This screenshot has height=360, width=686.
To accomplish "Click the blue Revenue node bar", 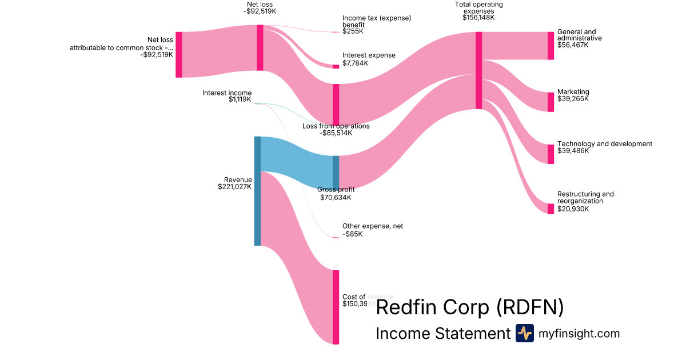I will (x=257, y=191).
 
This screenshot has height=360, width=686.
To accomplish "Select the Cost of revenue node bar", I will (x=336, y=307).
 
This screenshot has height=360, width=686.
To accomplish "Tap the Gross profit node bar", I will (x=336, y=172).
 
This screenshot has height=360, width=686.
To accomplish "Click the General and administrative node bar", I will (x=551, y=46).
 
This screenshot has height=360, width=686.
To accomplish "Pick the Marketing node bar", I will (x=551, y=102).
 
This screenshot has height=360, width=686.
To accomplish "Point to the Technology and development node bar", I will (x=551, y=154).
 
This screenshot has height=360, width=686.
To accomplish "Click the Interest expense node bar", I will (x=336, y=66).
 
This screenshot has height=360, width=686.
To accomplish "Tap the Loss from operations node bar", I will (x=336, y=104).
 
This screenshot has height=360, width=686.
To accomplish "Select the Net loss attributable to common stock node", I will (x=178, y=54).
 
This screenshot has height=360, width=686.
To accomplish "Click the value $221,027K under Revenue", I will (x=234, y=186).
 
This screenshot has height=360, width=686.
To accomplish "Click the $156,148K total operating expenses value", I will (x=478, y=18).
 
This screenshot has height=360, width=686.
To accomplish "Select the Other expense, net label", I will (x=372, y=226).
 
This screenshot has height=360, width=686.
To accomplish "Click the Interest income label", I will (x=226, y=93).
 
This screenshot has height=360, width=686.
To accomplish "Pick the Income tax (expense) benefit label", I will (x=376, y=21).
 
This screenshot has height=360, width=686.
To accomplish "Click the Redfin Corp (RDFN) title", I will (x=469, y=307).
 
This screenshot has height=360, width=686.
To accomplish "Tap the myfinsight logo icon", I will (x=524, y=333).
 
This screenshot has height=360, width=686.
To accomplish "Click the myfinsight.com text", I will (x=579, y=334).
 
